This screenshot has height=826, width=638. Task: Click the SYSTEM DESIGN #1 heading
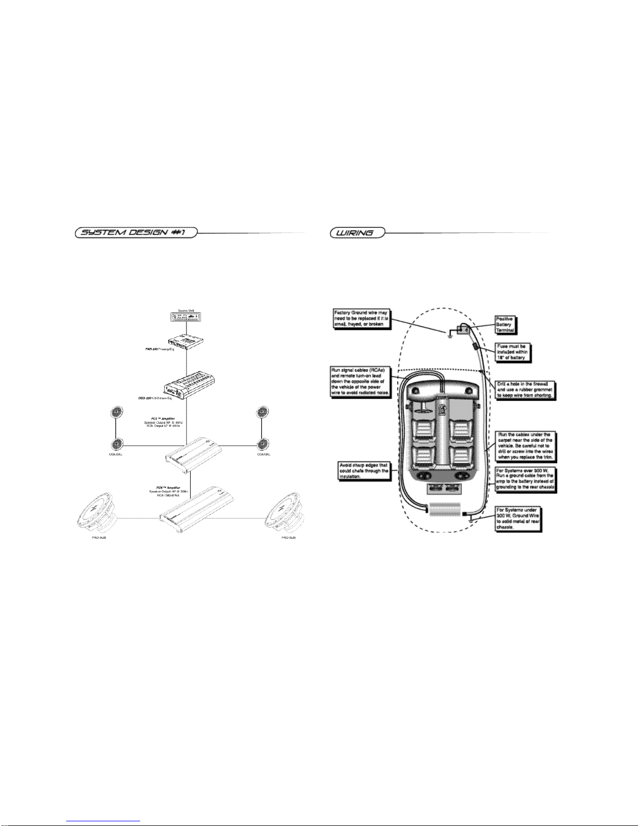(x=134, y=233)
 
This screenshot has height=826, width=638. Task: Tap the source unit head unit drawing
(x=186, y=316)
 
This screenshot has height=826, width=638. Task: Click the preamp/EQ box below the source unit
(x=186, y=341)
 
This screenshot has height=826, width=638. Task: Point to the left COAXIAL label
(x=115, y=454)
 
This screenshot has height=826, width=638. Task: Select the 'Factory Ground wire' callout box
(x=361, y=317)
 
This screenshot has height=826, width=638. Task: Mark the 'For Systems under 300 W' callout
(x=519, y=518)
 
